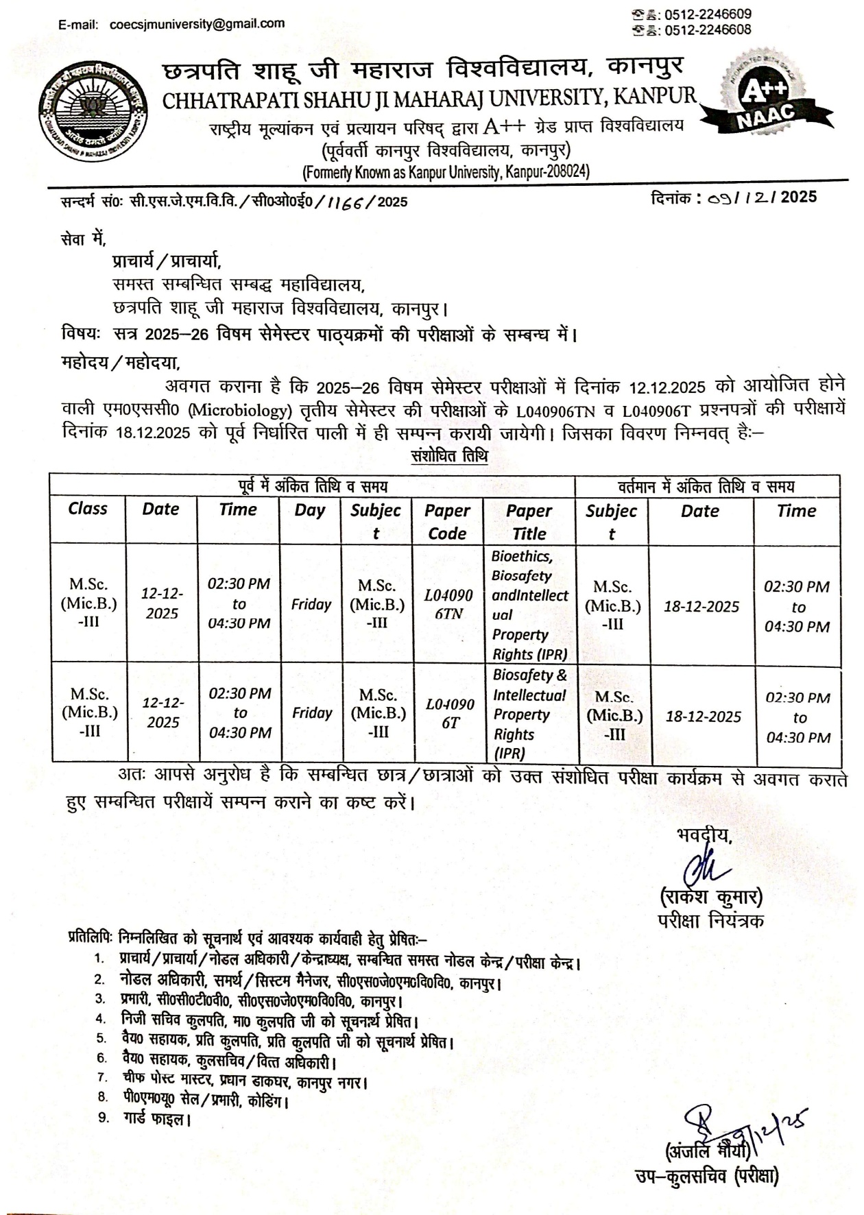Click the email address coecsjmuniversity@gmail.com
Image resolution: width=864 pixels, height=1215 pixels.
(197, 24)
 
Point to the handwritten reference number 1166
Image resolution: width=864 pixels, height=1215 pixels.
(346, 201)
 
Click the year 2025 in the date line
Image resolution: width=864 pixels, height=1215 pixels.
(798, 197)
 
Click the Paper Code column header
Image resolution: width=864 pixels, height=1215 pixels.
(447, 522)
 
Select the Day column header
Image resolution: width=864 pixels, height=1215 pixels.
(309, 510)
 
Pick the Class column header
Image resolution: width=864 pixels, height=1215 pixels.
(88, 509)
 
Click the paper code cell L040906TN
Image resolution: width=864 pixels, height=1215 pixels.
(448, 604)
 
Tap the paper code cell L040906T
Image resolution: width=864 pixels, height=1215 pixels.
(450, 713)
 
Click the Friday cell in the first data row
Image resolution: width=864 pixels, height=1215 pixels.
(311, 604)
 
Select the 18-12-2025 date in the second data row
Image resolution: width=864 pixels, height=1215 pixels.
(704, 717)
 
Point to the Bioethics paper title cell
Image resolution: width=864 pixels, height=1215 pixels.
(529, 604)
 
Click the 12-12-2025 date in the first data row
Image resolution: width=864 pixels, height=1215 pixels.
(162, 603)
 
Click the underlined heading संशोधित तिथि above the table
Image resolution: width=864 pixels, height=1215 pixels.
(449, 456)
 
